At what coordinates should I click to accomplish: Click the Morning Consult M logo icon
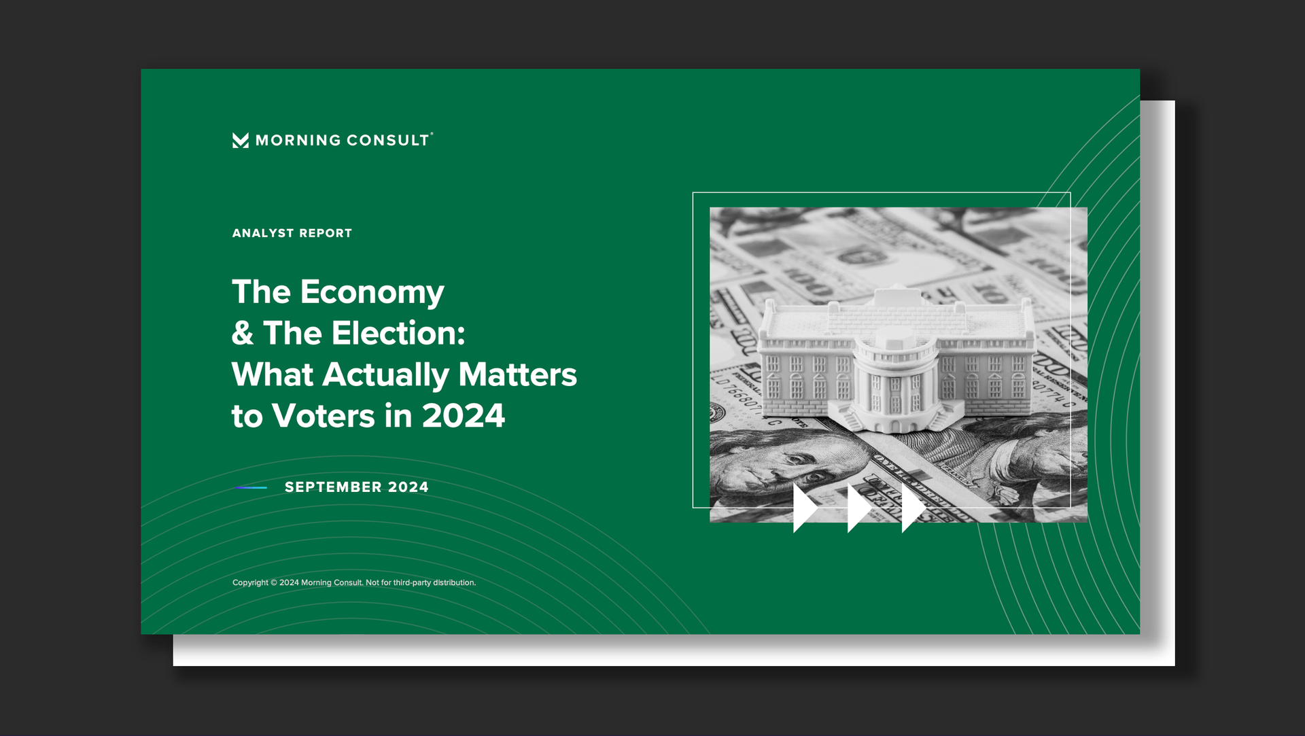click(x=241, y=140)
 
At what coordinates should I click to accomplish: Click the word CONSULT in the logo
click(x=388, y=140)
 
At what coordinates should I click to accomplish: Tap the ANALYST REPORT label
click(x=292, y=233)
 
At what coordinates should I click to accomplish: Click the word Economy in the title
click(x=372, y=293)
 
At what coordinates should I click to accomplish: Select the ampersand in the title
click(x=243, y=333)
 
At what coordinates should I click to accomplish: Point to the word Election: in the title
click(x=398, y=333)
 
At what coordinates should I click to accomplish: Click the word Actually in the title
click(x=385, y=375)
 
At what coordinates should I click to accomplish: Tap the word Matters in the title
click(x=517, y=374)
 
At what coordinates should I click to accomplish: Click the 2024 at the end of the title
click(x=464, y=416)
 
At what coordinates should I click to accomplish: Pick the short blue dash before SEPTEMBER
click(x=251, y=487)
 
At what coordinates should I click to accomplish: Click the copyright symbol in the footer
click(x=274, y=582)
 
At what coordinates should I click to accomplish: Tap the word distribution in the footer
click(x=454, y=582)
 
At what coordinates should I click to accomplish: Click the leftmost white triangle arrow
click(x=805, y=508)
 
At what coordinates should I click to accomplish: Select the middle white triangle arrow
click(x=860, y=508)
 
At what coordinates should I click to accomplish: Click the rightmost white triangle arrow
click(x=914, y=508)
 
